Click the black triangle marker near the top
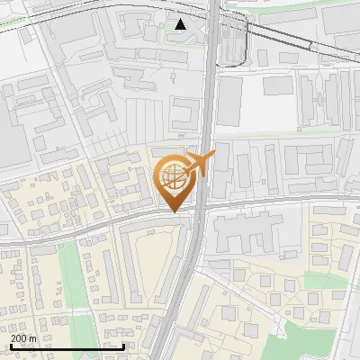click(x=181, y=23)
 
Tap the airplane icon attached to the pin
click(x=199, y=165)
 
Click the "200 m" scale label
click(x=23, y=338)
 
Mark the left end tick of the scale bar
click(x=10, y=346)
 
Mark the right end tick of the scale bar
click(x=123, y=346)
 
